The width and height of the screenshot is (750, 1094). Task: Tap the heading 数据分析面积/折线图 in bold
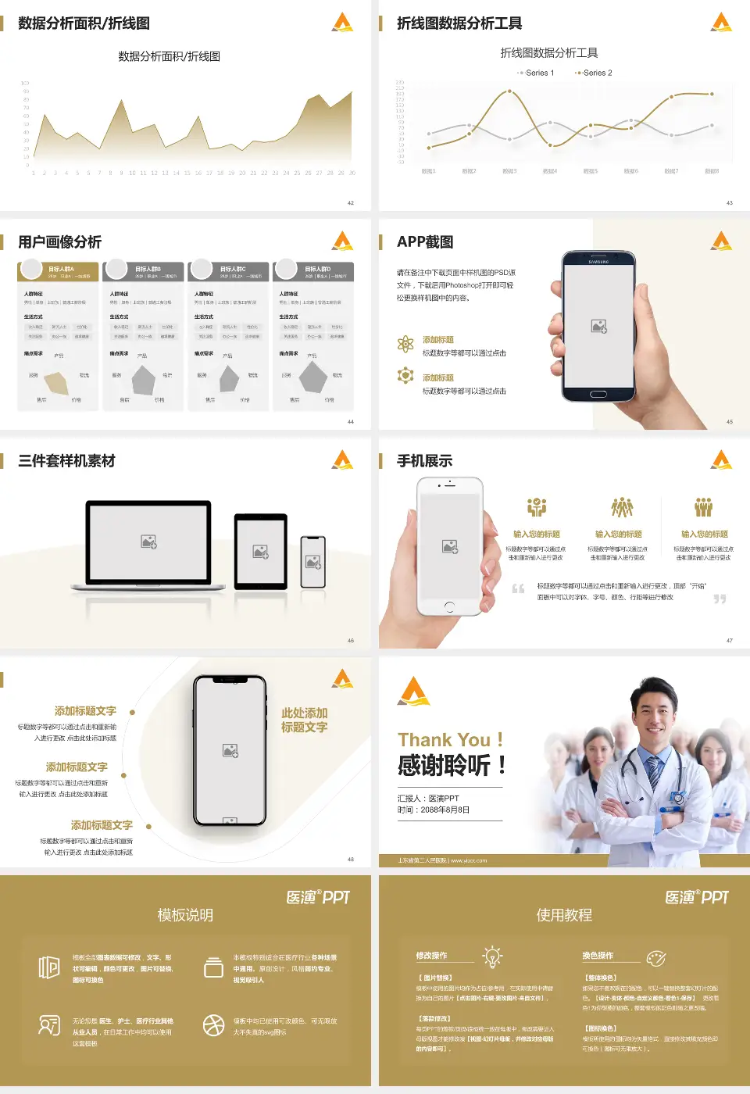[84, 23]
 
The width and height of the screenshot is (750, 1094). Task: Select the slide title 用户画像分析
[59, 242]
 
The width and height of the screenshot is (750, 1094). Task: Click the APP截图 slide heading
[425, 242]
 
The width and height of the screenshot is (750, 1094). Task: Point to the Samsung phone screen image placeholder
[598, 327]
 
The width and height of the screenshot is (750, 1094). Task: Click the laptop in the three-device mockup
[148, 543]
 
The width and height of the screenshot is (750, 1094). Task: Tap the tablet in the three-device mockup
[261, 552]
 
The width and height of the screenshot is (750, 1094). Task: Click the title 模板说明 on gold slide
[185, 915]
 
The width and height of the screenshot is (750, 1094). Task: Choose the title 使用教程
[564, 915]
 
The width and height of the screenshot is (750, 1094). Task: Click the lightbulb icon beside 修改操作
[492, 956]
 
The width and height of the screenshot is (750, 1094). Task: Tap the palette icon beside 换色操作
[656, 957]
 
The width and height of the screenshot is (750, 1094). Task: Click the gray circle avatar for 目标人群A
[31, 269]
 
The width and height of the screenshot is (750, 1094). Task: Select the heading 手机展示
[424, 461]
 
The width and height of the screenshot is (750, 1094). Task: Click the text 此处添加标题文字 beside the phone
[304, 720]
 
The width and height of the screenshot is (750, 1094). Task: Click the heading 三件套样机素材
[66, 461]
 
